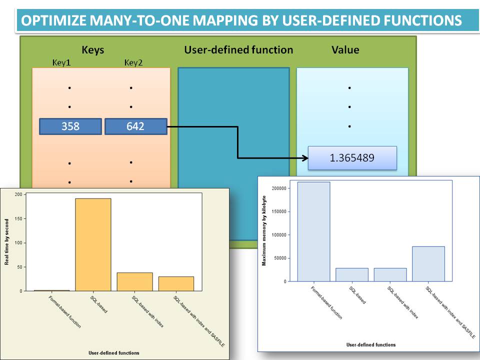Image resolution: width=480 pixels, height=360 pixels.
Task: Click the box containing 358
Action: click(x=70, y=126)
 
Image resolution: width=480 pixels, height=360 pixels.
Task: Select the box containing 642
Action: click(x=135, y=126)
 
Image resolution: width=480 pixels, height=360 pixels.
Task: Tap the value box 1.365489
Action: click(x=352, y=158)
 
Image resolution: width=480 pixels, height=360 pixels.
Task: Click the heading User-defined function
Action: click(x=238, y=50)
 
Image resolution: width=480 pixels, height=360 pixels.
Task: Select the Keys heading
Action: click(x=92, y=50)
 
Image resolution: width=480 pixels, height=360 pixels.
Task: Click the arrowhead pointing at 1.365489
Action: click(x=303, y=158)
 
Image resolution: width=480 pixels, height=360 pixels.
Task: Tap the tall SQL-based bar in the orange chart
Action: click(x=93, y=244)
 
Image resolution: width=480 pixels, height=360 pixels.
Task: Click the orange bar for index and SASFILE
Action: click(x=176, y=283)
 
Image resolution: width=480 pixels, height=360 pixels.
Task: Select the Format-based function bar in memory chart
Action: click(x=314, y=231)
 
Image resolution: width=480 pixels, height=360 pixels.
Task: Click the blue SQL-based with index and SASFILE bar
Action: click(x=428, y=263)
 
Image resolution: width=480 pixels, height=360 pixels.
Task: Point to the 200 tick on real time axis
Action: click(x=18, y=194)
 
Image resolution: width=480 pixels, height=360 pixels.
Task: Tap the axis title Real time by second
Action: click(x=6, y=242)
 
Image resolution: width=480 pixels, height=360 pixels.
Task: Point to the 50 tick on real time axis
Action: click(x=19, y=267)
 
